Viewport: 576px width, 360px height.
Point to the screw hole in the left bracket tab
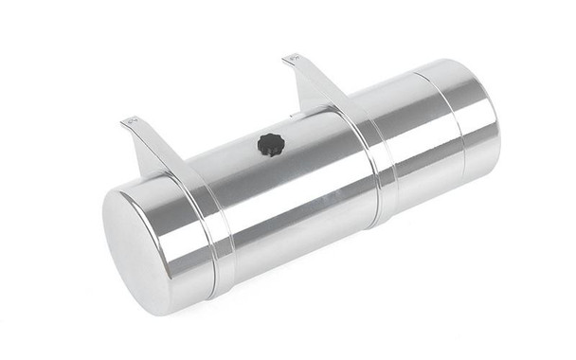133,120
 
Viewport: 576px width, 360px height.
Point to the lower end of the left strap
220,284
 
